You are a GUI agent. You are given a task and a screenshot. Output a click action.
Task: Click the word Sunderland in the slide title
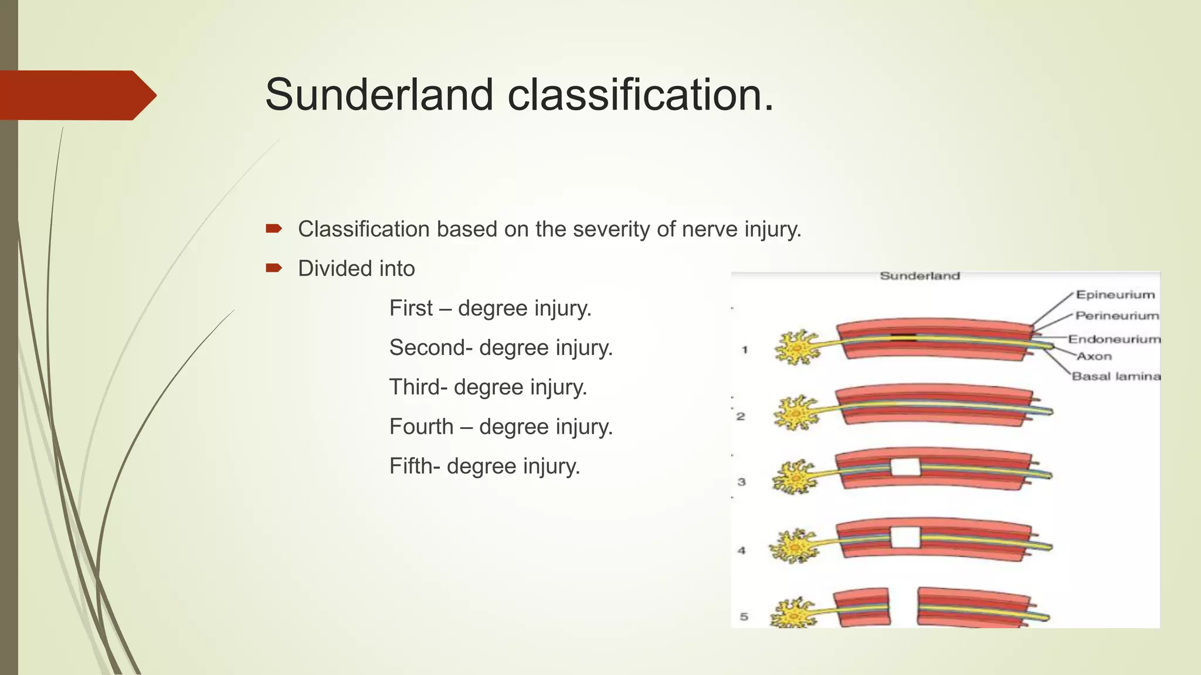pos(379,95)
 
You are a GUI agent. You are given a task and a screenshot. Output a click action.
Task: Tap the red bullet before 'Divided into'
pos(274,268)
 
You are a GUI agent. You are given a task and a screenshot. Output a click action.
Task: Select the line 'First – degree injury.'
pos(490,308)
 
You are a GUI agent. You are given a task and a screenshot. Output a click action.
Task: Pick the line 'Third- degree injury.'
pos(488,387)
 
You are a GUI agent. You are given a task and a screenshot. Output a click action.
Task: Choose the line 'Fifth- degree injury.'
pos(484,466)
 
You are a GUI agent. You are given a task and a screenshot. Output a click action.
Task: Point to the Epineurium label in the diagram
pos(1115,295)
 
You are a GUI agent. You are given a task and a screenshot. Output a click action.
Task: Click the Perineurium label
pos(1117,316)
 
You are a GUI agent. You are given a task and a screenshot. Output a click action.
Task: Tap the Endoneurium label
pos(1114,339)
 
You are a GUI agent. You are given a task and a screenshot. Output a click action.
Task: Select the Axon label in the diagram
pos(1094,356)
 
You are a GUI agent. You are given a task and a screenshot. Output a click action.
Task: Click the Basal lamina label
pos(1116,376)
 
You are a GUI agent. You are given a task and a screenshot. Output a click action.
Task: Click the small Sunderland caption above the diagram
pos(920,276)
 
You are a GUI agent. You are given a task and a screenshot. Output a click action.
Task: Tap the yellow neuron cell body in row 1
pos(796,347)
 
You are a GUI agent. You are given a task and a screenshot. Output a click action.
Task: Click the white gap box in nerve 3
pos(905,468)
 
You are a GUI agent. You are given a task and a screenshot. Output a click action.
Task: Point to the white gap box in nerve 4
pos(905,537)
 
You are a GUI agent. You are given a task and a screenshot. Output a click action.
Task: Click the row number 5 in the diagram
pos(744,616)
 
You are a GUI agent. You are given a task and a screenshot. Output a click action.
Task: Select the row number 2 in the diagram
pos(741,417)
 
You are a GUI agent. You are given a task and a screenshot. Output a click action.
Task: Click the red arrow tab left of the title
pos(76,96)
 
